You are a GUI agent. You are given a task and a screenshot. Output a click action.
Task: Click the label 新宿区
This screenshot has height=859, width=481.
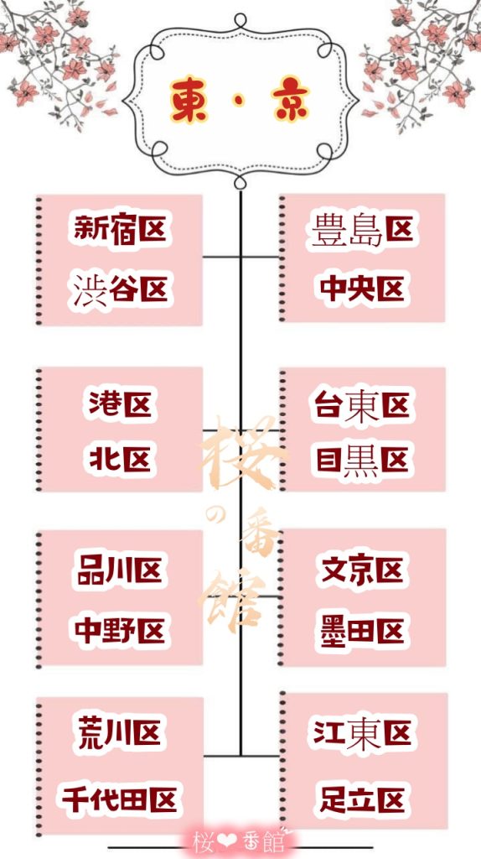[x=121, y=228]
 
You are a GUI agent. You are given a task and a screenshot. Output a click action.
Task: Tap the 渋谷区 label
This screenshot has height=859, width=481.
[x=120, y=289]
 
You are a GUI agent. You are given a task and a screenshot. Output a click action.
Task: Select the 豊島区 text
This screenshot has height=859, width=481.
[x=362, y=230]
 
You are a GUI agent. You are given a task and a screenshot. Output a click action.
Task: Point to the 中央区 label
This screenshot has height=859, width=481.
[x=362, y=289]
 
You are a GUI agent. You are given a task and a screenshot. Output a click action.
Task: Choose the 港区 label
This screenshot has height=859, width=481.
[x=120, y=404]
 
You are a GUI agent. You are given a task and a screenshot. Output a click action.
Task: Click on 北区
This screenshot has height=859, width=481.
[x=120, y=459]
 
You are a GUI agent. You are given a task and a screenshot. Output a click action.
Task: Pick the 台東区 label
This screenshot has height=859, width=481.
[x=362, y=406]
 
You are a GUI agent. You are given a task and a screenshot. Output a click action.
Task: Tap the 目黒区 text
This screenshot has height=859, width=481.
[x=362, y=461]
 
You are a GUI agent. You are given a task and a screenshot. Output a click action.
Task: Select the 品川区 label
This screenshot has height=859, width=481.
[x=120, y=570]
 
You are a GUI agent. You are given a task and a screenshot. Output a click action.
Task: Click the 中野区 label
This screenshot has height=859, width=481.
[x=120, y=631]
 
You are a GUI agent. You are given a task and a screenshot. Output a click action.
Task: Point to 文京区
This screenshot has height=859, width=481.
[x=362, y=570]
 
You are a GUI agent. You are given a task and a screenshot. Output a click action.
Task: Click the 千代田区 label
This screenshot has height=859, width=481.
[x=119, y=799]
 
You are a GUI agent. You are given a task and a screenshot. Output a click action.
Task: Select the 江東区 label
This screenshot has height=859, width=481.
[x=362, y=733]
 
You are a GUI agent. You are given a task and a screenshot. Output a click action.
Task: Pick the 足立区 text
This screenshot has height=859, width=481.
[x=362, y=799]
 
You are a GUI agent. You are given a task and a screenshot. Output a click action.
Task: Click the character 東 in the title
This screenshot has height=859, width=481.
[x=189, y=100]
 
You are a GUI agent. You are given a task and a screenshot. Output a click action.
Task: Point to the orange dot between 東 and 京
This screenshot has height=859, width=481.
[x=239, y=102]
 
